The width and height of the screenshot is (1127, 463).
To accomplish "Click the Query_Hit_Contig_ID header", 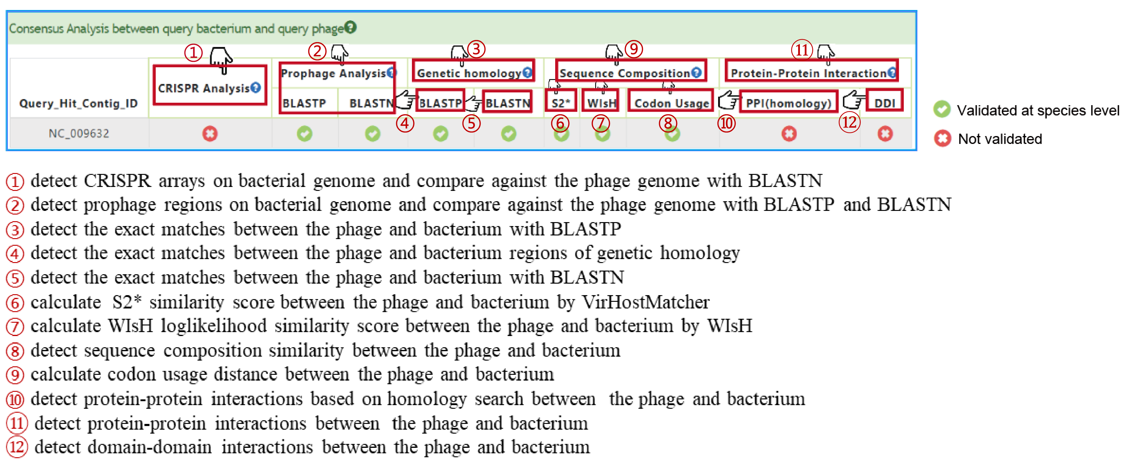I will coord(78,103).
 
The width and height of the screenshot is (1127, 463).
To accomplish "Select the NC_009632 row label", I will coord(79,133).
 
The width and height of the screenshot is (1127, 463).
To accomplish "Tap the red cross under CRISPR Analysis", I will coord(210,133).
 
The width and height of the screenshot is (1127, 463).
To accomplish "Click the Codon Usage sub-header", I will coord(671,103).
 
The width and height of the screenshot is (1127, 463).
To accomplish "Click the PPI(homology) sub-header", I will coord(788,103).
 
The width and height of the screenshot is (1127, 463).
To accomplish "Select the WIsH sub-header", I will coord(601,103).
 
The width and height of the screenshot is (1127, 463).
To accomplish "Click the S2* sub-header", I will coord(560,103).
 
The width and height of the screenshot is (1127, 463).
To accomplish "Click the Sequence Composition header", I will coord(625,73).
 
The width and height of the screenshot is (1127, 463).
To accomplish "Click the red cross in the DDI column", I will coord(885,133).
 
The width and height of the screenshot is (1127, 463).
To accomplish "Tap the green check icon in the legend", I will coord(942,109).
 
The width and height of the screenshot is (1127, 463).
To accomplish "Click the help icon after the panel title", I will coord(350,27).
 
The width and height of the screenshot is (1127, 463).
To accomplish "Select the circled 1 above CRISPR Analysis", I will coord(193,53).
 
